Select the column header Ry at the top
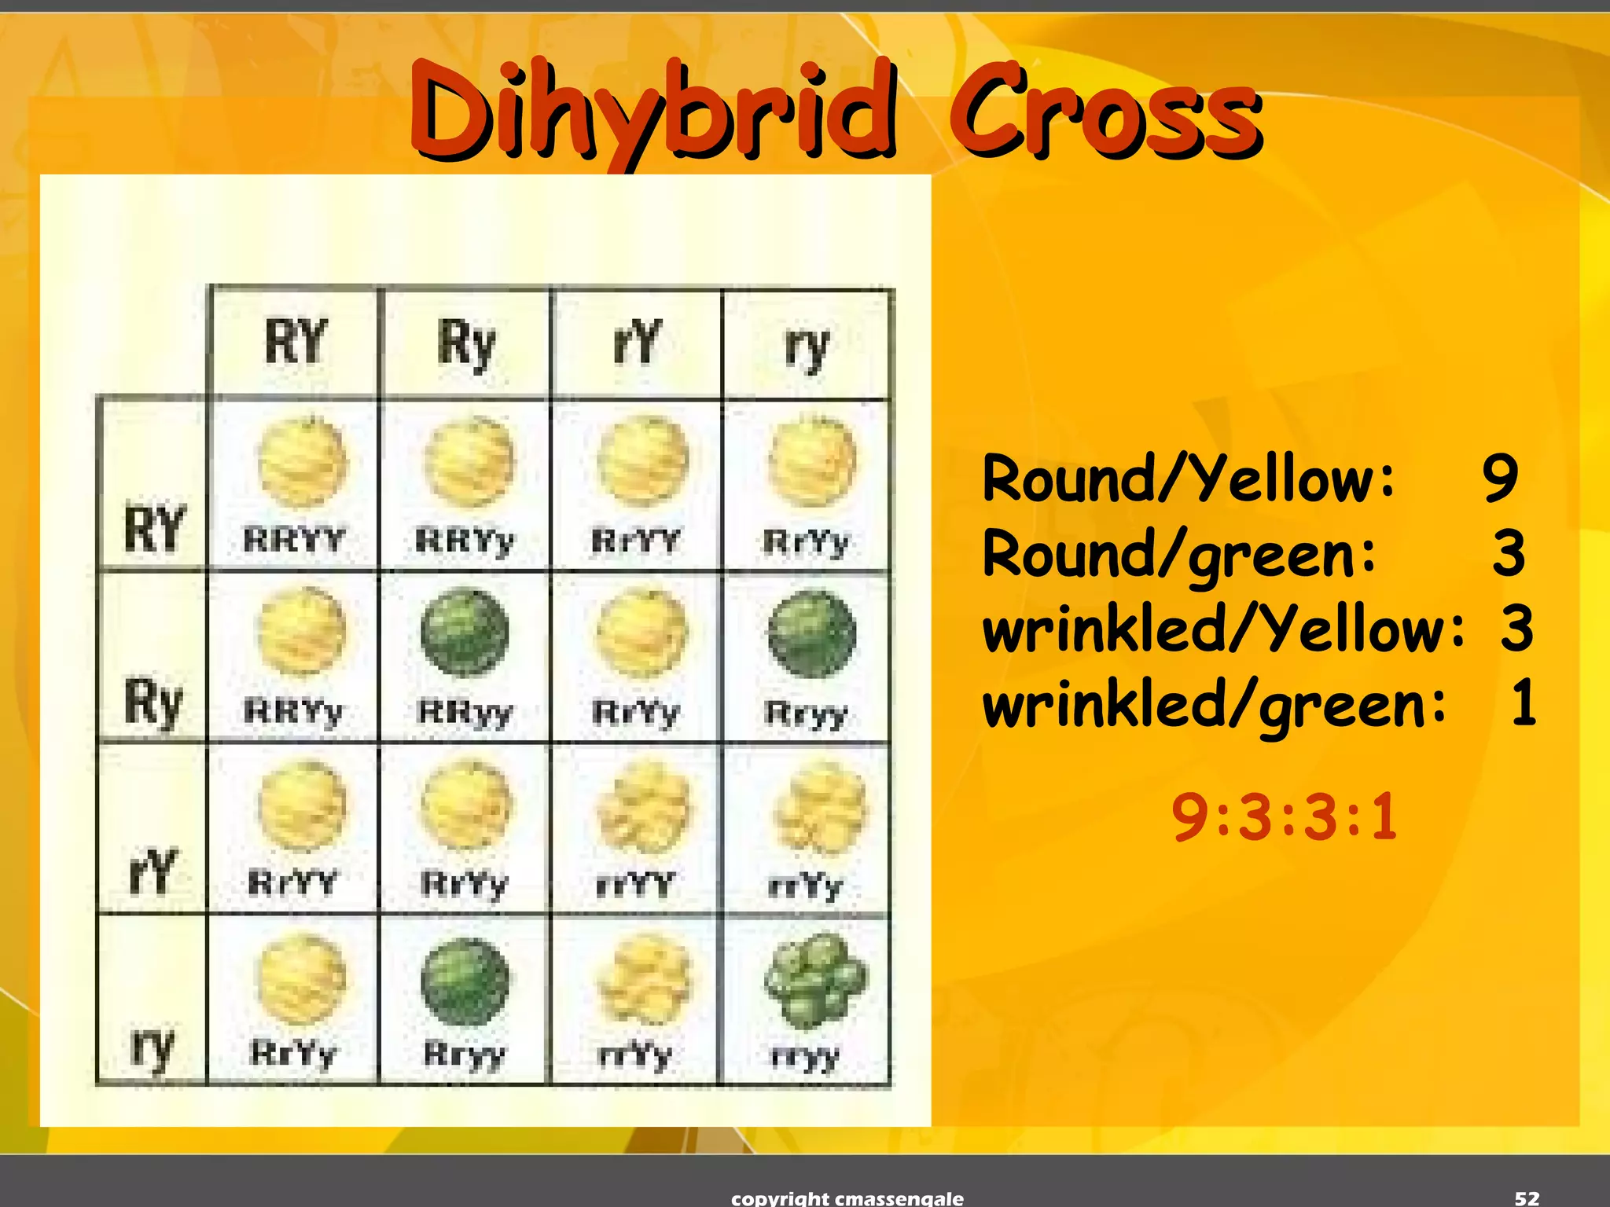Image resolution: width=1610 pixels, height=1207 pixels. pos(466,343)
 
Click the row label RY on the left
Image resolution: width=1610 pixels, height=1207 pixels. pos(154,527)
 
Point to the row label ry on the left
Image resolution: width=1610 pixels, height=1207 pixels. pos(153,1047)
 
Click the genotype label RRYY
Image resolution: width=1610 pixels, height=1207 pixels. pos(295,540)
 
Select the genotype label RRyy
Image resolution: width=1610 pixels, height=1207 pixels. pos(465,713)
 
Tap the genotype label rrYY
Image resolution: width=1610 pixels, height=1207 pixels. pos(636,885)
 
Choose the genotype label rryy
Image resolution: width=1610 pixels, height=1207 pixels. pos(806,1056)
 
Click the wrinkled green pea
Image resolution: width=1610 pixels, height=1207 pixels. pos(815,980)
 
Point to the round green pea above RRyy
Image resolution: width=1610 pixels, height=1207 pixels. pos(465,633)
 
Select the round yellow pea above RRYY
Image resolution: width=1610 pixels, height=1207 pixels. pos(302,462)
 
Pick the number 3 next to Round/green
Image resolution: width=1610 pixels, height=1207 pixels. pos(1509,552)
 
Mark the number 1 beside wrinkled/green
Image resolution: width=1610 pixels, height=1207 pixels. pos(1524,703)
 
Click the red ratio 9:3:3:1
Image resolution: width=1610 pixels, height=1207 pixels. pos(1285,817)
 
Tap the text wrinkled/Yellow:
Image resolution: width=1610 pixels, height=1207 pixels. pos(1223,629)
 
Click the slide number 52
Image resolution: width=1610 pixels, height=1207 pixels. pos(1527,1198)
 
